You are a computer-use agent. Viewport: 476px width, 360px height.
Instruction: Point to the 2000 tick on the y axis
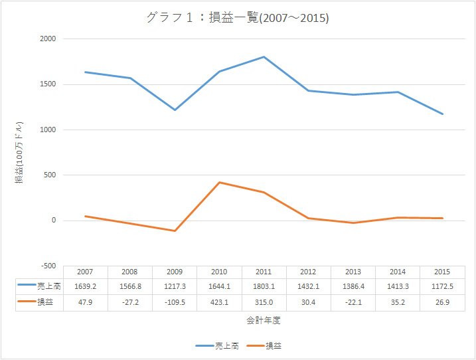pyautogui.click(x=48, y=39)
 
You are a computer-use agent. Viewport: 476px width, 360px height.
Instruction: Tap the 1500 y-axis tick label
pyautogui.click(x=48, y=84)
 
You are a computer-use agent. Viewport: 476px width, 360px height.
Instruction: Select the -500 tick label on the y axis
pyautogui.click(x=48, y=266)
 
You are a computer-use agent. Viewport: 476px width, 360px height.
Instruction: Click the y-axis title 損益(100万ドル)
pyautogui.click(x=19, y=153)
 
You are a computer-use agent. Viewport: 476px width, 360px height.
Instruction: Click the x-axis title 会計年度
pyautogui.click(x=263, y=320)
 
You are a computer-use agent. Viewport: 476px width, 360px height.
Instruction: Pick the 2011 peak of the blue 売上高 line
pyautogui.click(x=264, y=57)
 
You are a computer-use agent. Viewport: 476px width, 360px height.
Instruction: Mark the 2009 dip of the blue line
pyautogui.click(x=175, y=110)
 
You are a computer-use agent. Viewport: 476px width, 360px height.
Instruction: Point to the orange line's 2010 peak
pyautogui.click(x=220, y=182)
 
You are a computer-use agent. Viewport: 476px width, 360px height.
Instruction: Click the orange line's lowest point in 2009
pyautogui.click(x=175, y=231)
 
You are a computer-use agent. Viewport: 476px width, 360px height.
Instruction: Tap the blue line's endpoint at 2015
pyautogui.click(x=442, y=114)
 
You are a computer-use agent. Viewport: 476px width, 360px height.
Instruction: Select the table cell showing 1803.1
pyautogui.click(x=264, y=286)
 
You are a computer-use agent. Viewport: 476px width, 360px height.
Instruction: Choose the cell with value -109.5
pyautogui.click(x=175, y=303)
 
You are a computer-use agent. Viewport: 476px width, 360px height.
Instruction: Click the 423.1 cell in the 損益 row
pyautogui.click(x=220, y=303)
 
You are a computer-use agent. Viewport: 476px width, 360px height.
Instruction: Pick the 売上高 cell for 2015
pyautogui.click(x=442, y=286)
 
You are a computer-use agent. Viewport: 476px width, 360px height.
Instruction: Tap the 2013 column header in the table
pyautogui.click(x=353, y=272)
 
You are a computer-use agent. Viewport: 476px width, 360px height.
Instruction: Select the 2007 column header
pyautogui.click(x=85, y=272)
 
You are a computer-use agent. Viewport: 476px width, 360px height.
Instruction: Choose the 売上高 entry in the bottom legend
pyautogui.click(x=217, y=346)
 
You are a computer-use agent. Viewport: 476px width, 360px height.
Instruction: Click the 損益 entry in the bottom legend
pyautogui.click(x=264, y=346)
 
